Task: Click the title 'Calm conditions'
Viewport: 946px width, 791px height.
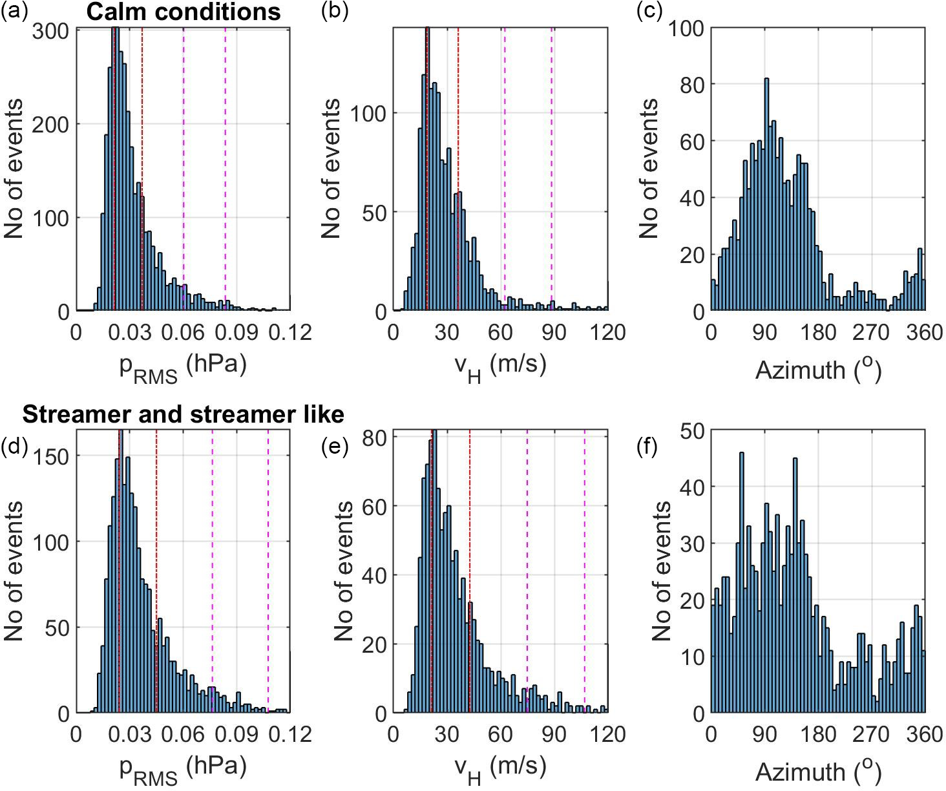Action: coord(184,12)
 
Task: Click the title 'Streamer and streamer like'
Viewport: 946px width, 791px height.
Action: coord(183,414)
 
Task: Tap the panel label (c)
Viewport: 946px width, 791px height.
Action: coord(648,12)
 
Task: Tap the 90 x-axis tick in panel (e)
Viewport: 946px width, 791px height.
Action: coord(553,735)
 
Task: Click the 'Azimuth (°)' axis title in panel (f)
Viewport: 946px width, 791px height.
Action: coord(818,772)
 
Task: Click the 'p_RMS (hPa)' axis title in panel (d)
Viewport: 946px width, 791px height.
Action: coord(184,772)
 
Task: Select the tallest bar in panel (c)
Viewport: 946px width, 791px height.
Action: coord(766,195)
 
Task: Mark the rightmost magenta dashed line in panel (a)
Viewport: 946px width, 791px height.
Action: coord(226,168)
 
